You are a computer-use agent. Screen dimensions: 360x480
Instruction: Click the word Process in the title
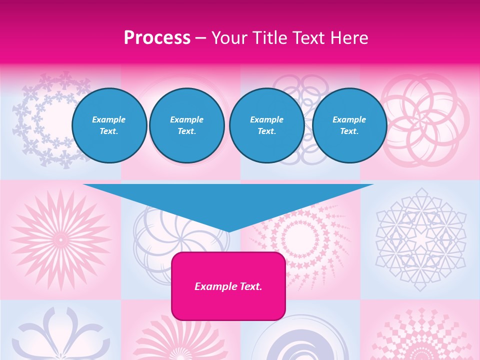click(x=157, y=38)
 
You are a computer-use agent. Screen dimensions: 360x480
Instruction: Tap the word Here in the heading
click(x=348, y=38)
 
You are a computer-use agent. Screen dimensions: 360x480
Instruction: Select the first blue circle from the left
click(x=109, y=125)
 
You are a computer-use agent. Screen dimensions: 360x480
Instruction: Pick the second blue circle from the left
click(x=187, y=125)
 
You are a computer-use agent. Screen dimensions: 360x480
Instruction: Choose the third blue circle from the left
click(x=267, y=125)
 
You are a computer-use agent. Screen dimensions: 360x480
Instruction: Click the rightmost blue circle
click(x=349, y=125)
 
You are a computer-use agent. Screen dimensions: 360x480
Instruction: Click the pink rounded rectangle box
click(x=228, y=286)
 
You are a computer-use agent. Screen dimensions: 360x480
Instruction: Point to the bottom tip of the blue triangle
click(x=228, y=231)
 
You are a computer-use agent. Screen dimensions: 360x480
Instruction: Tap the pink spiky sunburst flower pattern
click(x=60, y=239)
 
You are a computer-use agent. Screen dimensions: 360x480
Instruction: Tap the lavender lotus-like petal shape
click(x=60, y=335)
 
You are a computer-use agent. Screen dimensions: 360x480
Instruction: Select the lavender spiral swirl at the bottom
click(x=300, y=340)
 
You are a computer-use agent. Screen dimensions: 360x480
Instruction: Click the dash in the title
click(x=201, y=38)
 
